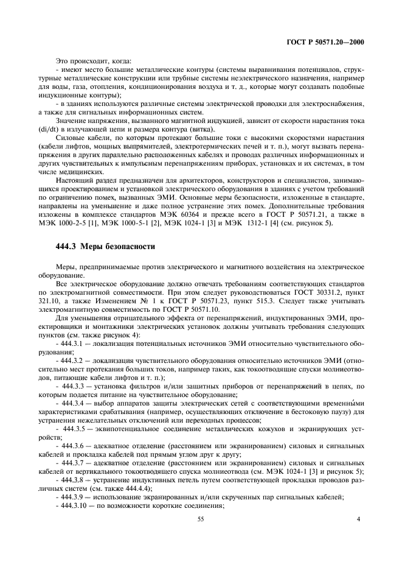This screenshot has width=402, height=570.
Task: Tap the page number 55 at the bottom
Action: coord(200,518)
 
